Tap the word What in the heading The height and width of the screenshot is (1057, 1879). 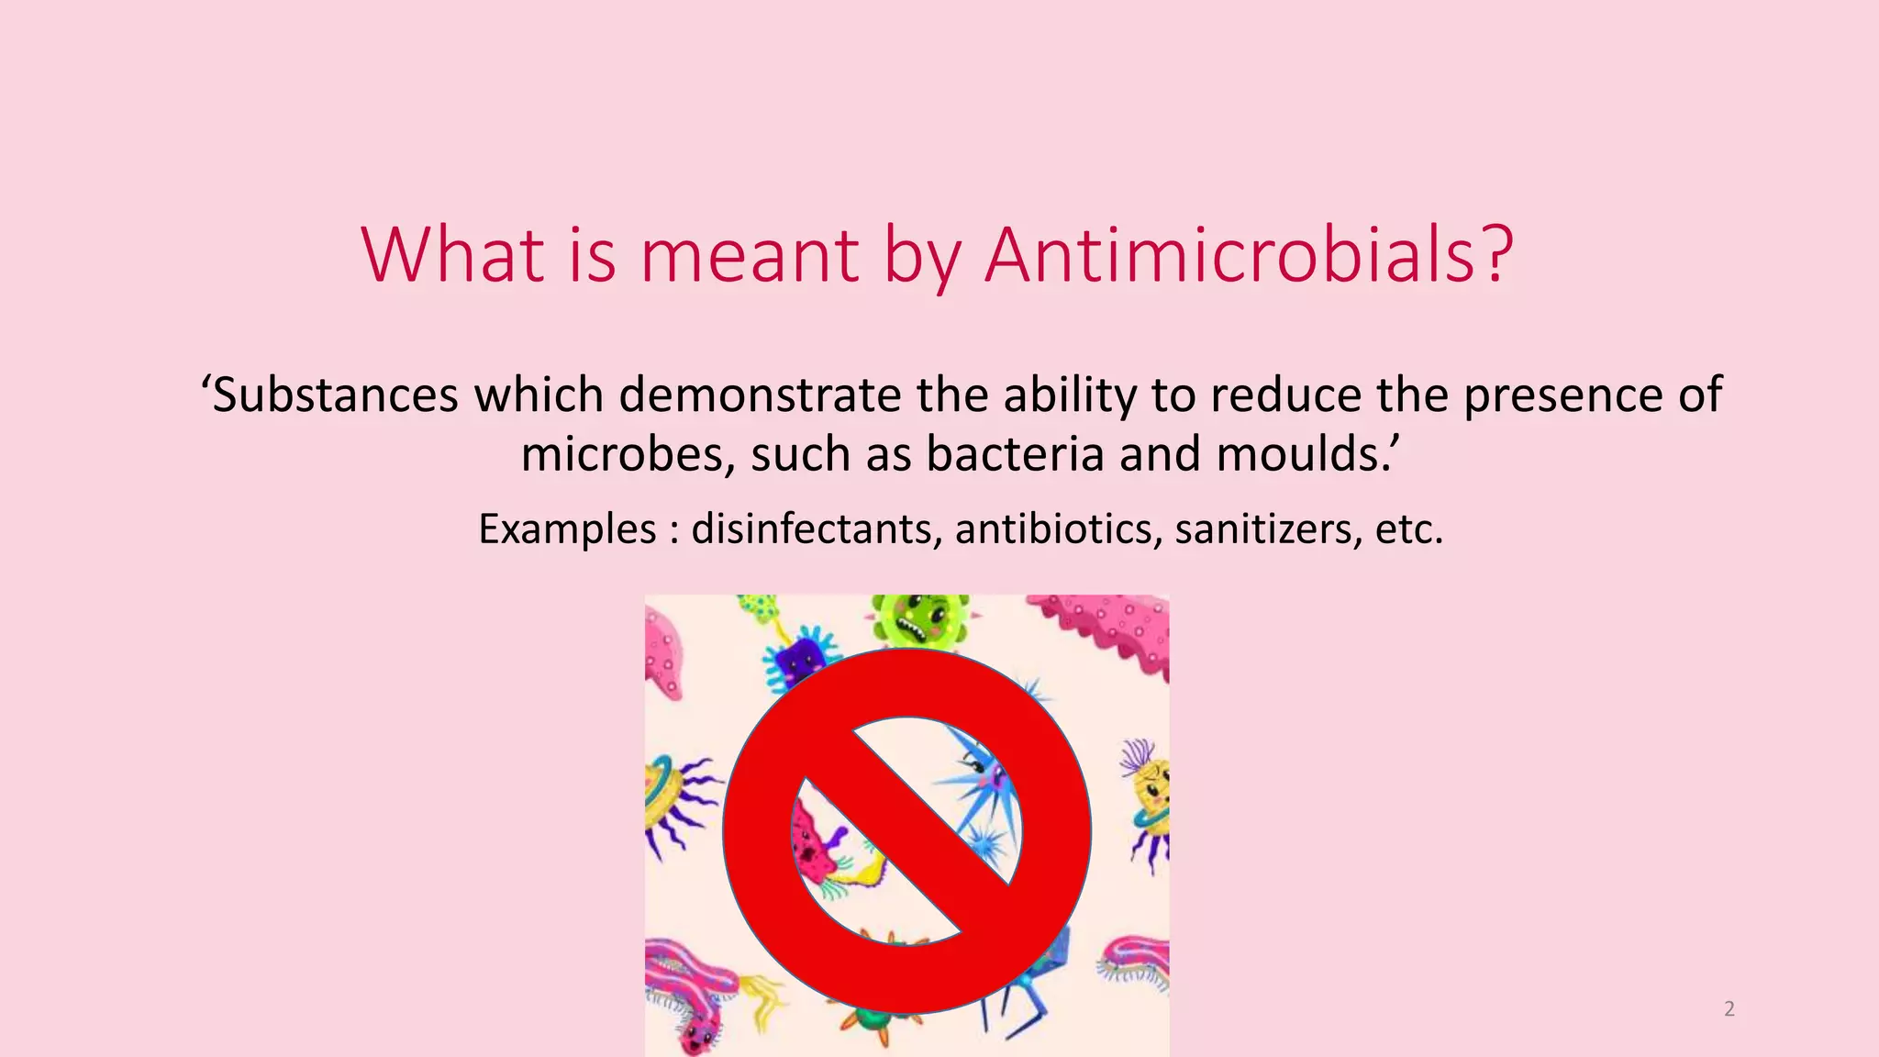pyautogui.click(x=452, y=254)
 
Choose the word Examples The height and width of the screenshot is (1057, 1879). pyautogui.click(x=567, y=529)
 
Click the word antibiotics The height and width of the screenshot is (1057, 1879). pyautogui.click(x=1059, y=529)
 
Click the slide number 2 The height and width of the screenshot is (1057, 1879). pyautogui.click(x=1729, y=1009)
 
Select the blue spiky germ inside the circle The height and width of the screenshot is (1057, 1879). pyautogui.click(x=986, y=780)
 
